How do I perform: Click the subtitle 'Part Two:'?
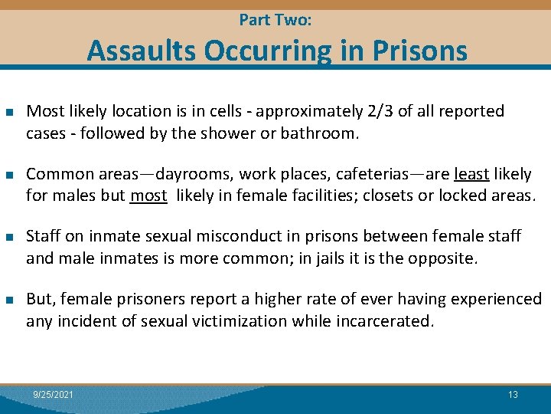[x=275, y=20]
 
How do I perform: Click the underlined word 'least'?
[x=472, y=174]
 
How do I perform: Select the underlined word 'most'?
[x=148, y=195]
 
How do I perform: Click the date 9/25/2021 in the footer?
[x=54, y=394]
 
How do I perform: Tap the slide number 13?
[x=513, y=394]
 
